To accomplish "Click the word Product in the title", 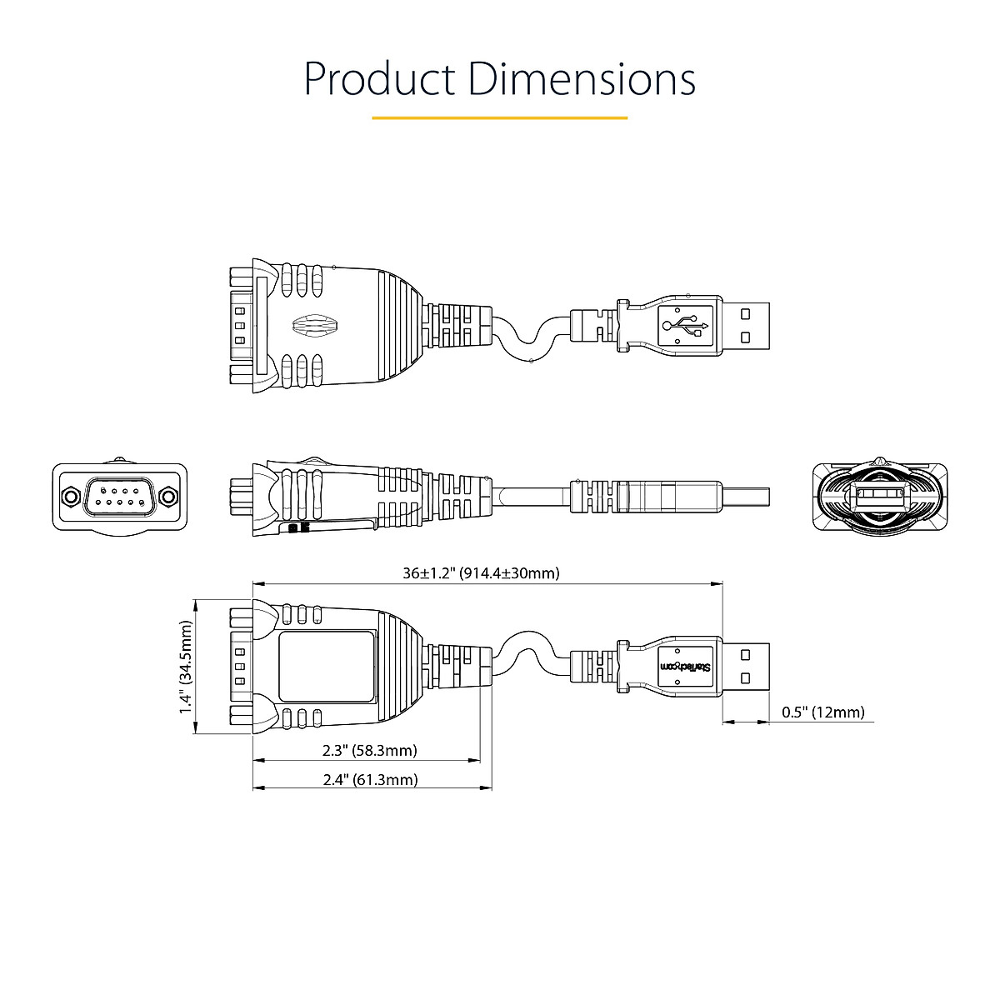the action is [x=379, y=79].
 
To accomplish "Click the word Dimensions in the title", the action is [x=582, y=79].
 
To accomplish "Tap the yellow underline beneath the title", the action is [x=499, y=118].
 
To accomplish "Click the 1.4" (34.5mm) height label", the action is [x=186, y=667].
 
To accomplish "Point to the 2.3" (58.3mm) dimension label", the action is [x=369, y=751].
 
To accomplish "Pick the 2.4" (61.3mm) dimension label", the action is [x=370, y=780].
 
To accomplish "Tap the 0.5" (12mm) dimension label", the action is [x=823, y=712].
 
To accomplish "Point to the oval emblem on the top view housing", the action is [x=312, y=324].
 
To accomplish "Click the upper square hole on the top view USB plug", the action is [x=746, y=312].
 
